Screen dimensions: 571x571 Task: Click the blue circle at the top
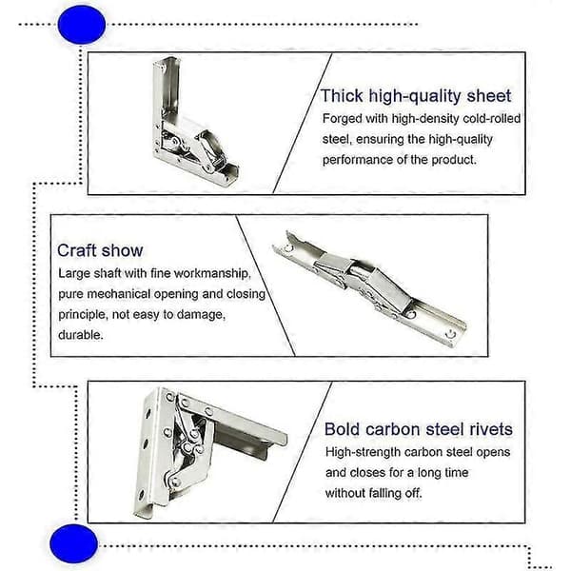[82, 25]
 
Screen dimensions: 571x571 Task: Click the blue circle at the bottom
[73, 543]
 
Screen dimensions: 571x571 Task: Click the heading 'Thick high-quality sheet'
[416, 96]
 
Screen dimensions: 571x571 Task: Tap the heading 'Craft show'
[100, 250]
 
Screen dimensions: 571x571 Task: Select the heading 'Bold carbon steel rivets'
[419, 429]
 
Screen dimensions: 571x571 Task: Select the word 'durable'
[81, 335]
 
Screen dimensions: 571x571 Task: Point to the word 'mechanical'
[118, 294]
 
